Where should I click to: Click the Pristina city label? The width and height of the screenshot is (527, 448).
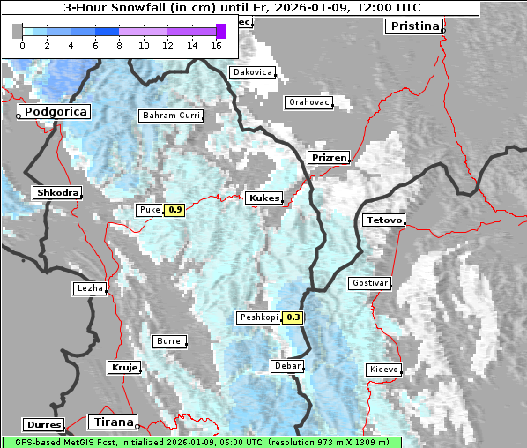[413, 26]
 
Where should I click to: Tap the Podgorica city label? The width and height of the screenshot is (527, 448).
[55, 112]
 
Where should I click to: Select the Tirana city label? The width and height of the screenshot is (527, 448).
[113, 422]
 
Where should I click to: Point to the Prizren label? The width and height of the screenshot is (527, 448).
[329, 158]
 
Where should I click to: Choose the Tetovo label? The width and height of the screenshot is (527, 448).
[383, 220]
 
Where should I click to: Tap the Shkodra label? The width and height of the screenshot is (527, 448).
[56, 193]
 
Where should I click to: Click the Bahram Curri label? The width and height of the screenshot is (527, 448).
[171, 116]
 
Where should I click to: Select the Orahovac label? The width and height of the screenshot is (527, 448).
[308, 103]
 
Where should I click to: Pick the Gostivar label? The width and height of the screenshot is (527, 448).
[369, 283]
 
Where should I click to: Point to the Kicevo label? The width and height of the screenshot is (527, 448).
[383, 370]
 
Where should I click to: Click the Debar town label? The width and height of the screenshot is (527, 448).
[287, 365]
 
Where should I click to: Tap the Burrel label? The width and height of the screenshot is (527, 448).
[169, 341]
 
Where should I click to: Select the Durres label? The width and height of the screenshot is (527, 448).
[44, 425]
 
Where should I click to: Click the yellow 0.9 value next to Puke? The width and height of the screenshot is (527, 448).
[174, 210]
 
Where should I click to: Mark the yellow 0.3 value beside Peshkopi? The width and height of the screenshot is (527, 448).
[293, 317]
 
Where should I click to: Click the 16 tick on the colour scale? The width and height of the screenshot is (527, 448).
[216, 45]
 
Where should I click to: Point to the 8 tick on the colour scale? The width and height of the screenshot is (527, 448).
[119, 45]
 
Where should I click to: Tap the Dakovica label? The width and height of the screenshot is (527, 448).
[251, 72]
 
